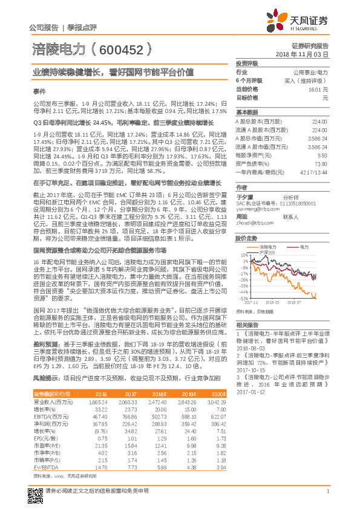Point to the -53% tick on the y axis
coord(243,298)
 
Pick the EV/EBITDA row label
coord(47,467)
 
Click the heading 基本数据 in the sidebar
coord(247,112)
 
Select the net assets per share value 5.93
coord(322,155)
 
